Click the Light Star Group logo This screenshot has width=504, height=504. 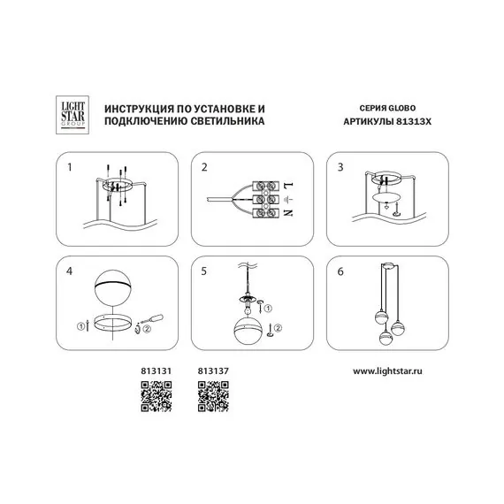[x=73, y=115]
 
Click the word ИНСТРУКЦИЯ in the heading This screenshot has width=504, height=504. [x=139, y=109]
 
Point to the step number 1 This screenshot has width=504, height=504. [x=70, y=167]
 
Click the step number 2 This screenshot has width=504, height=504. [x=204, y=167]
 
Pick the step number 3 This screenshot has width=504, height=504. [x=340, y=167]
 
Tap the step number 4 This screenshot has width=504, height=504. [x=70, y=271]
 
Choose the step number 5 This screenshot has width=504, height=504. [x=203, y=271]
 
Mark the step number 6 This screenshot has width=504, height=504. [x=340, y=271]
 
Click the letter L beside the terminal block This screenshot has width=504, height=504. [x=288, y=186]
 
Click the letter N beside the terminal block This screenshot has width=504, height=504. [x=288, y=213]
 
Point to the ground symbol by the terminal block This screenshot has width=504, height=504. [x=288, y=200]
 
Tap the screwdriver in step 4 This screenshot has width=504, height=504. [x=151, y=320]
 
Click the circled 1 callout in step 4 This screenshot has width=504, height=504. [x=80, y=327]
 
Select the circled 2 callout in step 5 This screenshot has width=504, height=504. [x=279, y=328]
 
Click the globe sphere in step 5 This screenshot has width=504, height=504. [x=248, y=331]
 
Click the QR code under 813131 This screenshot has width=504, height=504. [x=157, y=396]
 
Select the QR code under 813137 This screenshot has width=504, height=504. [x=213, y=396]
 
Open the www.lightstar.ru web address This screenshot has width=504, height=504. [x=387, y=371]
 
